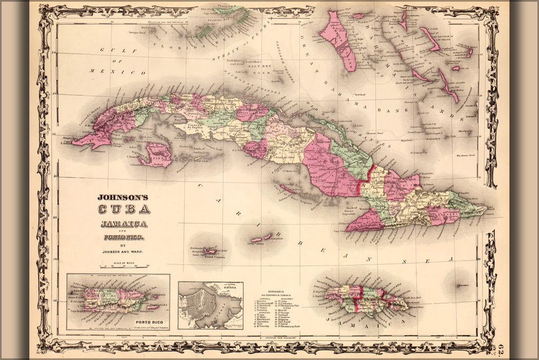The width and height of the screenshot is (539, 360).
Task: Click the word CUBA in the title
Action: [x=123, y=209]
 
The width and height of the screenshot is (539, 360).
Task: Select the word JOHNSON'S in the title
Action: [x=123, y=197]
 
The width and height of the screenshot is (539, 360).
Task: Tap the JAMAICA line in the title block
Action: [x=123, y=224]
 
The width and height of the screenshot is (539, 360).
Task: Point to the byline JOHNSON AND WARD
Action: [x=123, y=253]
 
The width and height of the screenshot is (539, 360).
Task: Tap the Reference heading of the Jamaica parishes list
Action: [x=290, y=291]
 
